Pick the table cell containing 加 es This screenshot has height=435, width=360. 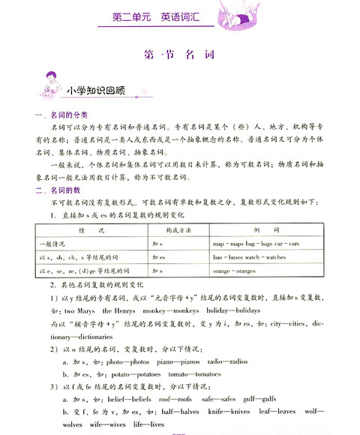(x=158, y=257)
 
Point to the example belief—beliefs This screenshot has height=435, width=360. (x=133, y=399)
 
